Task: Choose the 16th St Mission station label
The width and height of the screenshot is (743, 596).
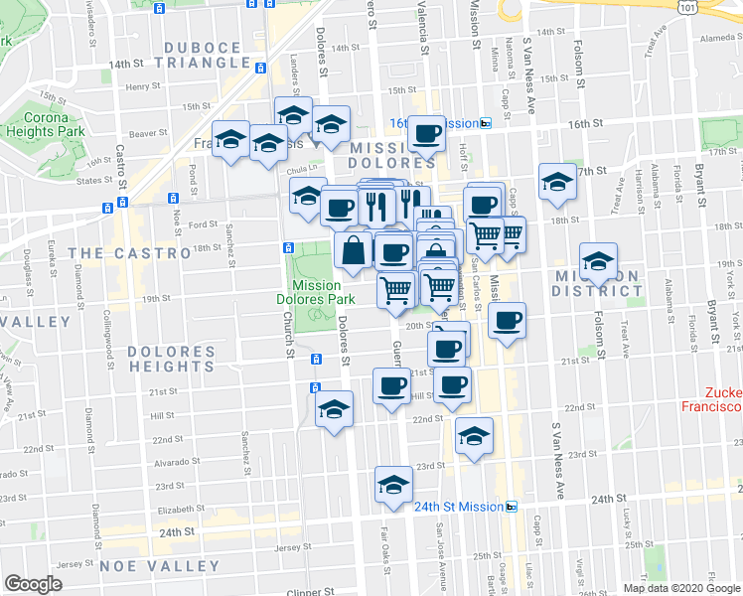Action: click(434, 123)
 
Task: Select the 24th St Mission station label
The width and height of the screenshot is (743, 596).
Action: click(460, 506)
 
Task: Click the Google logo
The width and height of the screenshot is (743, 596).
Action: click(33, 584)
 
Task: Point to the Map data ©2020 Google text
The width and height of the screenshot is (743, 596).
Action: click(681, 588)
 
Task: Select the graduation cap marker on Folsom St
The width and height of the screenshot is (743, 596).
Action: click(597, 261)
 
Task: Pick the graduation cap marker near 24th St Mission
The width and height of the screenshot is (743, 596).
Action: click(394, 485)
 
